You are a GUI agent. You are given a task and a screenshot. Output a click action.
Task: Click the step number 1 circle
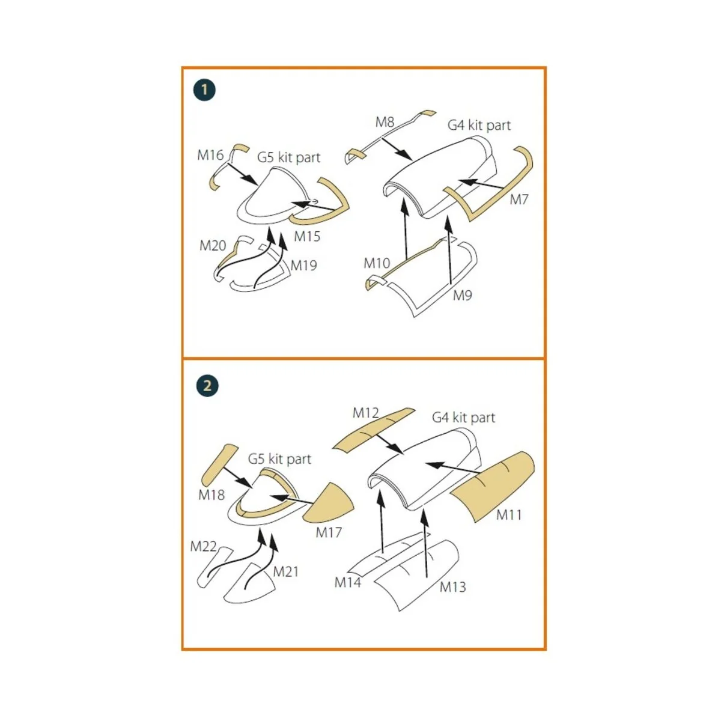click(205, 90)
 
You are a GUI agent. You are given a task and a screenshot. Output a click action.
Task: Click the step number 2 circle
click(207, 386)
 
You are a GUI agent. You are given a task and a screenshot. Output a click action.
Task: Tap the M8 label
click(385, 122)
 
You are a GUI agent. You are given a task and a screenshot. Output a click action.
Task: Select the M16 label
click(210, 155)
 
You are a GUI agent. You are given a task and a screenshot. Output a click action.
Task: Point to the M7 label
click(519, 200)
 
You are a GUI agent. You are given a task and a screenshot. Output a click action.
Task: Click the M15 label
click(307, 237)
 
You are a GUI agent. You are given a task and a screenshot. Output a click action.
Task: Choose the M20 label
click(213, 246)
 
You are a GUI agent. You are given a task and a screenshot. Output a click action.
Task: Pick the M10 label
click(377, 263)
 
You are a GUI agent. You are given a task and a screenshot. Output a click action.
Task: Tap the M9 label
click(463, 296)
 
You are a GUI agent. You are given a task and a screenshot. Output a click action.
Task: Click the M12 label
click(366, 413)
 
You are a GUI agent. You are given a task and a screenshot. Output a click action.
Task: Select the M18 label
click(211, 495)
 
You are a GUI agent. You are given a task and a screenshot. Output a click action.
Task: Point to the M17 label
click(329, 532)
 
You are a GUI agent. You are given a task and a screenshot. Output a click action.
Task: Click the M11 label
click(509, 515)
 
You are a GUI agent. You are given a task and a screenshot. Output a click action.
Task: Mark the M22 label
click(204, 547)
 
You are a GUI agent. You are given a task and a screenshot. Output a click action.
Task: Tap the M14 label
click(348, 583)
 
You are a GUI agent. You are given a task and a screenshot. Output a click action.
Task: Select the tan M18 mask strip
click(220, 464)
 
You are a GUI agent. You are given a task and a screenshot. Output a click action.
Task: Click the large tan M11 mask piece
click(493, 486)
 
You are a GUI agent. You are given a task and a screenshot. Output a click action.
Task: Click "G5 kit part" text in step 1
click(289, 157)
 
